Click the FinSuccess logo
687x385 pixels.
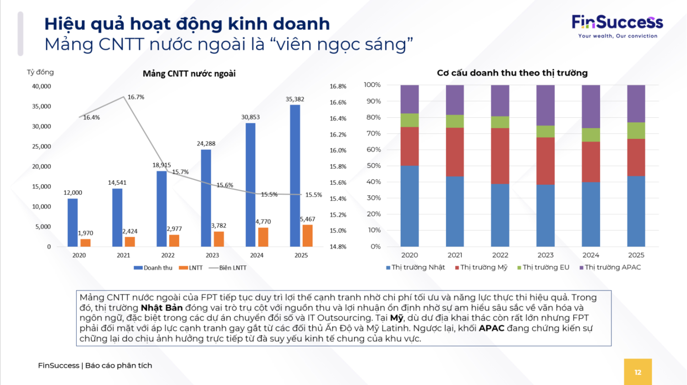click(617, 26)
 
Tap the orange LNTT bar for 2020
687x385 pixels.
click(85, 242)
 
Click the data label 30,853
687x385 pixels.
click(251, 117)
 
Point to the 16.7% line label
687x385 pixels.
click(136, 97)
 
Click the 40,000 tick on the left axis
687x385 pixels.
click(41, 86)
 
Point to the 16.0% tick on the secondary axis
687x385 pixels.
click(338, 150)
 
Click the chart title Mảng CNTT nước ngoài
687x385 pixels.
click(189, 73)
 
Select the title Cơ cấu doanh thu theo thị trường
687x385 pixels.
click(512, 73)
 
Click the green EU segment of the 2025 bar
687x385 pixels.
click(636, 131)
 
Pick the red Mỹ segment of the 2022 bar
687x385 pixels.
click(500, 156)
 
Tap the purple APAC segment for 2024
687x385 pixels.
click(590, 106)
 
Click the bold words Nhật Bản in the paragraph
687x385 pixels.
click(161, 308)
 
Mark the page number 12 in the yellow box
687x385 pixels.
click(638, 372)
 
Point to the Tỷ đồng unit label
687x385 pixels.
click(40, 72)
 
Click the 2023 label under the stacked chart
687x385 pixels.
click(545, 255)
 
